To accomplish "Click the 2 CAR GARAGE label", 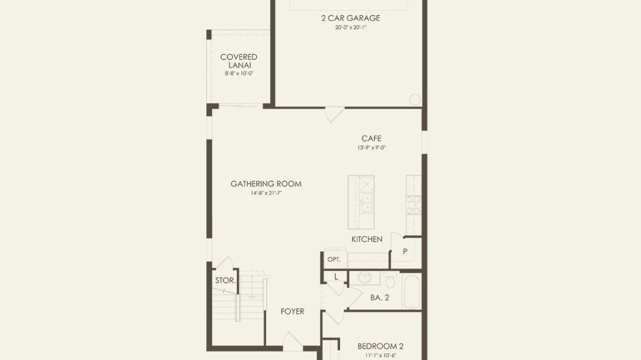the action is pyautogui.click(x=351, y=18).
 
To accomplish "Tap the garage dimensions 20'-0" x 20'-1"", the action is pyautogui.click(x=351, y=27).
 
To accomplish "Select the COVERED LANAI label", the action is pyautogui.click(x=238, y=61).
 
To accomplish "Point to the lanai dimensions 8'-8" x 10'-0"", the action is pyautogui.click(x=239, y=73).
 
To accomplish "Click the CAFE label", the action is pyautogui.click(x=371, y=138).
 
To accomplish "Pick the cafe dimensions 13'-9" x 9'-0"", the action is pyautogui.click(x=371, y=148).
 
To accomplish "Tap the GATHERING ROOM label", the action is pyautogui.click(x=266, y=184).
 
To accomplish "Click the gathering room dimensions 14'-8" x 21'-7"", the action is pyautogui.click(x=266, y=193).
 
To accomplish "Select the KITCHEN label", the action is pyautogui.click(x=367, y=239).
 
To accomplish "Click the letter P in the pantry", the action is pyautogui.click(x=405, y=251).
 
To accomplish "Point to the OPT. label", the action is pyautogui.click(x=334, y=259).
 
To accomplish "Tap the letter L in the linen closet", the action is pyautogui.click(x=336, y=277).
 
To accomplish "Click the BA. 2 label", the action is pyautogui.click(x=380, y=298).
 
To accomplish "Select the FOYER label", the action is pyautogui.click(x=292, y=311).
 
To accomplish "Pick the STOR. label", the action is pyautogui.click(x=226, y=281).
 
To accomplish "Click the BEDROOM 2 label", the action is pyautogui.click(x=380, y=346).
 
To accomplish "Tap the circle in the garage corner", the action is pyautogui.click(x=415, y=99).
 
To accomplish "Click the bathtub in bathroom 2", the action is pyautogui.click(x=412, y=291).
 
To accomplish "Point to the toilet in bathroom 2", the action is pyautogui.click(x=390, y=280).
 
